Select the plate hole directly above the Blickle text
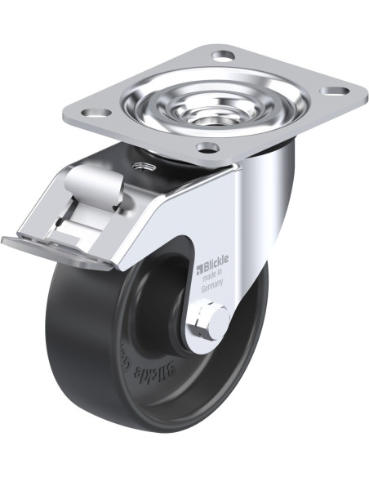(x=207, y=147)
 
